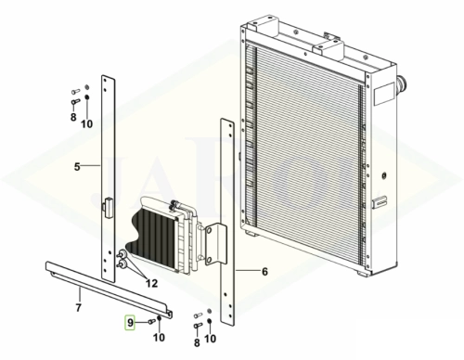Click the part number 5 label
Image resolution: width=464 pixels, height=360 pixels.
pyautogui.click(x=77, y=167)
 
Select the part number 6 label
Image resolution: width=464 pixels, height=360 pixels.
pyautogui.click(x=264, y=272)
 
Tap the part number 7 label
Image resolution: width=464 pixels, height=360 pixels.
pyautogui.click(x=79, y=308)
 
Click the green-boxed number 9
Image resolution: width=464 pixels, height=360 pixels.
pyautogui.click(x=130, y=323)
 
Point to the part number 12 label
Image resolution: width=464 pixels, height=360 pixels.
pyautogui.click(x=151, y=283)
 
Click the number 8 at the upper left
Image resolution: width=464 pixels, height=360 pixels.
pyautogui.click(x=73, y=117)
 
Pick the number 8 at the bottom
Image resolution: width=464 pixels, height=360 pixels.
pyautogui.click(x=197, y=342)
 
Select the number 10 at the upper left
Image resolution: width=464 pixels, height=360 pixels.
pyautogui.click(x=87, y=124)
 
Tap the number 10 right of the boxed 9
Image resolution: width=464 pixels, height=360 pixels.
pyautogui.click(x=159, y=338)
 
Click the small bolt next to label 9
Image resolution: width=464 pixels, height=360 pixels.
pyautogui.click(x=151, y=322)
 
